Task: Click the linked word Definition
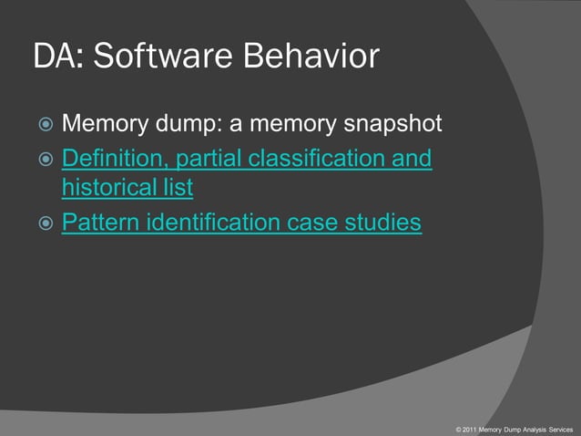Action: [114, 160]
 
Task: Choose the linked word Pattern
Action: [97, 223]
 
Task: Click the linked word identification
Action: [218, 223]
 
